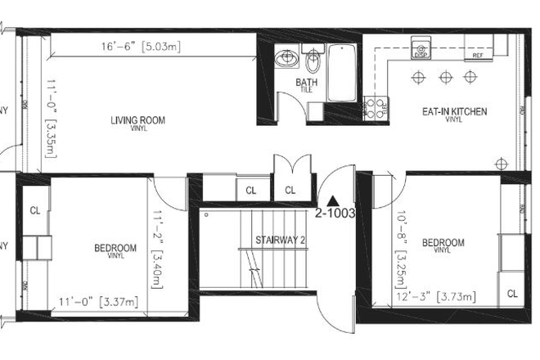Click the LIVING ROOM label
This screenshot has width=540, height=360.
tap(137, 121)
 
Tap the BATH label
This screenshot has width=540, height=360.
tap(305, 83)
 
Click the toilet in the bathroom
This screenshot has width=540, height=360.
tap(313, 62)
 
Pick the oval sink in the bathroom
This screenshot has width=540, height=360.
tap(286, 59)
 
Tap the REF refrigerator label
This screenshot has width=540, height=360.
tap(478, 56)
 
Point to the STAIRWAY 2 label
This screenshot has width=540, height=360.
tap(280, 240)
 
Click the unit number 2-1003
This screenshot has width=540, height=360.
tap(334, 213)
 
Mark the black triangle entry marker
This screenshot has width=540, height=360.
tap(331, 199)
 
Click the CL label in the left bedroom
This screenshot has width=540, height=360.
tap(35, 210)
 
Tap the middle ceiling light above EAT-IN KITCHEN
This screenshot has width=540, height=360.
tap(445, 78)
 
